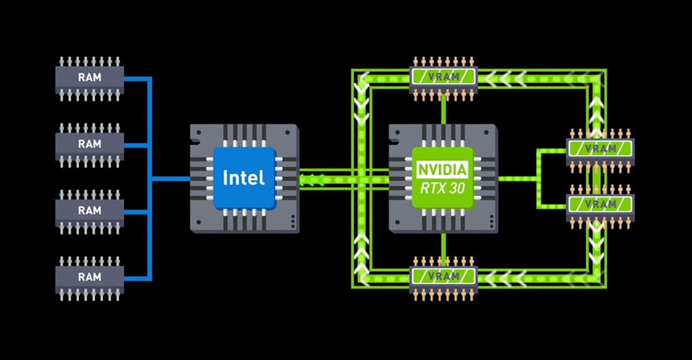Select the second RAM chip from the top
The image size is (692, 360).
tap(89, 144)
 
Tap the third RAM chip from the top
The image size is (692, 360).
tap(89, 211)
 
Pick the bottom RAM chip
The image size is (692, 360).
tap(89, 276)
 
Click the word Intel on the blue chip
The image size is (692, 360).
tap(243, 177)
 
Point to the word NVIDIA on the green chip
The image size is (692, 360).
tap(442, 170)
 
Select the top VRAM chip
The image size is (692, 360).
tap(443, 75)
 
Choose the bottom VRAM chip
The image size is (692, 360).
tap(443, 276)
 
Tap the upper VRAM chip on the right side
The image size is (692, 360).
tap(600, 149)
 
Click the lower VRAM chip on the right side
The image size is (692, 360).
tap(600, 204)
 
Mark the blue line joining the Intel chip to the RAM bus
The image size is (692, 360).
tap(171, 178)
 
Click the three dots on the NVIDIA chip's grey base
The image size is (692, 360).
tap(492, 221)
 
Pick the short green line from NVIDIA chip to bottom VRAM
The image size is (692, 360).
tap(443, 248)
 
